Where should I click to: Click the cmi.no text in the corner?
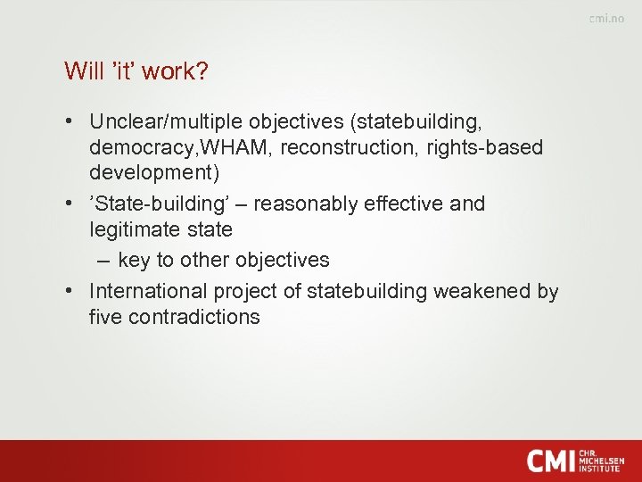(606, 20)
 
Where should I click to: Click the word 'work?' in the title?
(177, 71)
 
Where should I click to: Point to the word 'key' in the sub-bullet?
(134, 261)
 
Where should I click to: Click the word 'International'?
(149, 291)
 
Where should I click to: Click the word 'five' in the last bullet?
(105, 317)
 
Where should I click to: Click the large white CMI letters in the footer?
(550, 461)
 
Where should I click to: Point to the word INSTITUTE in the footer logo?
(600, 469)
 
